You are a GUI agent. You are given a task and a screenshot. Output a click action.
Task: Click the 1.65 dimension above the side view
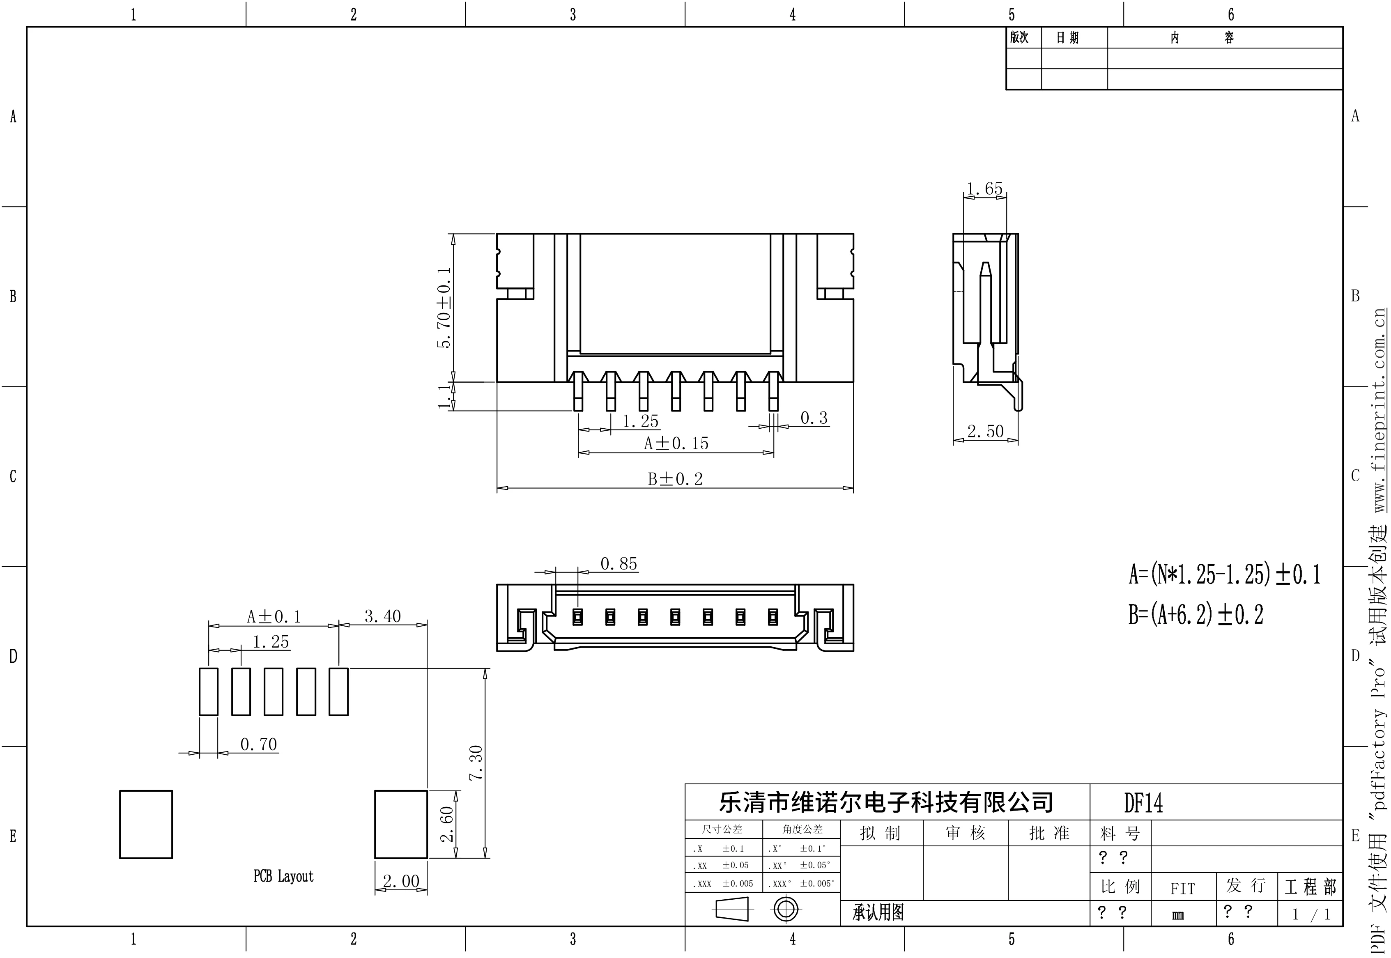click(x=984, y=188)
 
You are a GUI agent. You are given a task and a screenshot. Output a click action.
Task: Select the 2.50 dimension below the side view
click(x=985, y=431)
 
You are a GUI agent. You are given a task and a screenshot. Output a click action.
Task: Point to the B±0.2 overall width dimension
click(x=675, y=479)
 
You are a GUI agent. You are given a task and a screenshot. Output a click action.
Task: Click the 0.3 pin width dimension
click(x=814, y=418)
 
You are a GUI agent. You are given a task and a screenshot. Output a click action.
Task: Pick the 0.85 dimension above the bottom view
click(x=619, y=564)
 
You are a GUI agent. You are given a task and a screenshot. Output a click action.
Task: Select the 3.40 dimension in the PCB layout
click(x=382, y=616)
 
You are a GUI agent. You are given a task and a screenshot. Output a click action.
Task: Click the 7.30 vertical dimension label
click(x=476, y=762)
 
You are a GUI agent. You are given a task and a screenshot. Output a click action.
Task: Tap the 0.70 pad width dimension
click(x=259, y=744)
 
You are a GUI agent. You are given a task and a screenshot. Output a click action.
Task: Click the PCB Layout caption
click(x=283, y=876)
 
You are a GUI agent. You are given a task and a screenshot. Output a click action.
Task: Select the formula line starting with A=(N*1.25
click(x=1224, y=574)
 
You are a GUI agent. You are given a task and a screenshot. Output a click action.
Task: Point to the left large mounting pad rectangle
click(x=146, y=824)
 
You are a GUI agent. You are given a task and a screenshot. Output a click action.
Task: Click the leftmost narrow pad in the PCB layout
click(x=208, y=692)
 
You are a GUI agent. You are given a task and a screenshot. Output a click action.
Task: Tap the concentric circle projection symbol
click(x=786, y=910)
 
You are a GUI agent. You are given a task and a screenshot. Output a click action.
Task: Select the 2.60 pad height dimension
click(x=447, y=824)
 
